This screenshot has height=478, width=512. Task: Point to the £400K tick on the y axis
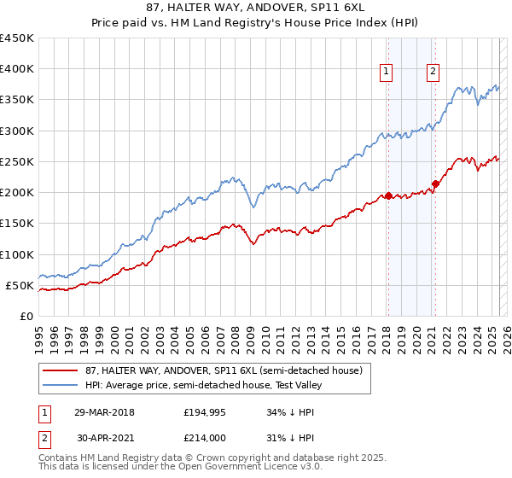click(17, 69)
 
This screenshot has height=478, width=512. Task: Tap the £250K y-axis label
click(17, 161)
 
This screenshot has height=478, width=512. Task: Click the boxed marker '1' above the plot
click(387, 73)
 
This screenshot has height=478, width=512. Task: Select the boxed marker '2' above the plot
click(433, 73)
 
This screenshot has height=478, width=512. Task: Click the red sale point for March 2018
click(388, 195)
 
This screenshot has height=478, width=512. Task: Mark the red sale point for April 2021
click(435, 184)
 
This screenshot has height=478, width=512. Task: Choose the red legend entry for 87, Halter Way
click(217, 370)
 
